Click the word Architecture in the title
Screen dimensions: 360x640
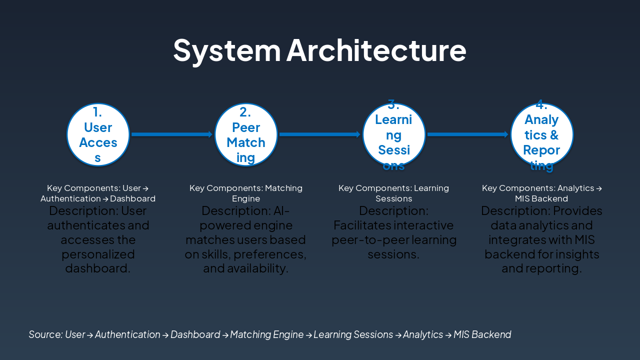(376, 50)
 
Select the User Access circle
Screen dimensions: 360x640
(98, 134)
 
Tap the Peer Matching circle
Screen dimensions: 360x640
(246, 134)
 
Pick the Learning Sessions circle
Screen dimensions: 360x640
(394, 134)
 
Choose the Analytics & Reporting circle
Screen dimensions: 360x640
(542, 134)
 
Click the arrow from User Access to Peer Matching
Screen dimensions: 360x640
(172, 134)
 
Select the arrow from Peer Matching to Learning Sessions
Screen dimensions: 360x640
(320, 134)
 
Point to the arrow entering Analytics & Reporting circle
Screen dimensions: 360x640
(468, 134)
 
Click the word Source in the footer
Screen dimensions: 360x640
(45, 334)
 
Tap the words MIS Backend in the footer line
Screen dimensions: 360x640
(482, 334)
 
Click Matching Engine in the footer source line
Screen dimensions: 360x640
(266, 334)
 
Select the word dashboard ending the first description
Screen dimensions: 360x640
(97, 268)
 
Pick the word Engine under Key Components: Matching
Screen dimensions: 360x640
(246, 198)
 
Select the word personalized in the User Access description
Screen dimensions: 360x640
(98, 254)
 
